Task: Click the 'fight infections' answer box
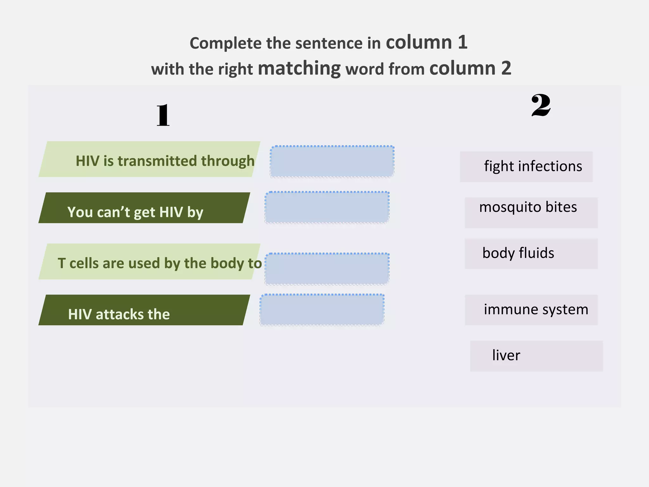click(x=526, y=167)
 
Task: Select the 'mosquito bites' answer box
click(x=531, y=212)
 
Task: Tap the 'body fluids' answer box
click(x=531, y=254)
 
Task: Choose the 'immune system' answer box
click(x=531, y=310)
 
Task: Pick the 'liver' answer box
click(x=536, y=356)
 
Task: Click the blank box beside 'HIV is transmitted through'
click(x=332, y=161)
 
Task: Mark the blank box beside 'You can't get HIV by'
click(x=327, y=207)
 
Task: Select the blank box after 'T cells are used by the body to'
click(x=327, y=269)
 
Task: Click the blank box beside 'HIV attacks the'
click(x=322, y=310)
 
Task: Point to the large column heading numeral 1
click(x=163, y=115)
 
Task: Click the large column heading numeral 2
click(x=541, y=105)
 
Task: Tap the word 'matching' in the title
click(x=299, y=68)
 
